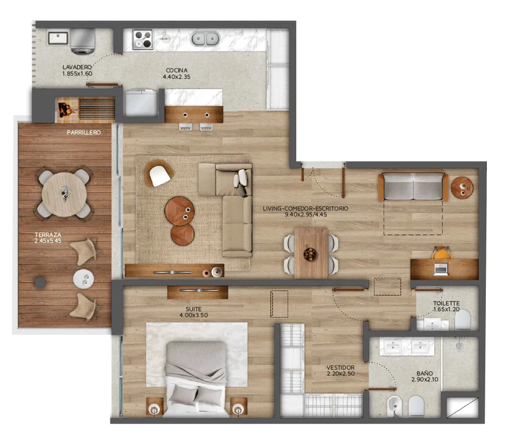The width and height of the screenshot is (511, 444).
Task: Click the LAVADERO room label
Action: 77,67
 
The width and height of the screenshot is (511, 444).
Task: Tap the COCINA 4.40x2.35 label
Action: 176,73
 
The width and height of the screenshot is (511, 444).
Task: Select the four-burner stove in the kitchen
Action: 142,39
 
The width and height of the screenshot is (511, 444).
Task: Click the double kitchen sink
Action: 205,39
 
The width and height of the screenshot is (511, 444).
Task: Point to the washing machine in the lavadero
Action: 83,41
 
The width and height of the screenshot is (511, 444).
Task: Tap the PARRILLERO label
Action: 84,133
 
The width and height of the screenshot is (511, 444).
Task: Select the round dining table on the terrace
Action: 64,194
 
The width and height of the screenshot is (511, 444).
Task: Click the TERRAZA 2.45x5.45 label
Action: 48,237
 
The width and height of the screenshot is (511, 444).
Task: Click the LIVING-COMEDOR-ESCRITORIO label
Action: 305,208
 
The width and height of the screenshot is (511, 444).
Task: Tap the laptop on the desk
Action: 441,269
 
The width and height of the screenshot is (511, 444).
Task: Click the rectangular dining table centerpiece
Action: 310,254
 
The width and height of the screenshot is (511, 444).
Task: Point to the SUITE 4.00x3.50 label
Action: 193,312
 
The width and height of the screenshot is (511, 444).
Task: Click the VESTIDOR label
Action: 341,367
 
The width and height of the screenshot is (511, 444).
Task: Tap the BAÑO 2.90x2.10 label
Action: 425,376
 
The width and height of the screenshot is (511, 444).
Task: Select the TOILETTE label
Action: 446,303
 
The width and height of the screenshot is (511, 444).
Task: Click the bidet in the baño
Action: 395,406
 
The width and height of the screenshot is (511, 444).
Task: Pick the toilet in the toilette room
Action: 463,319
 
